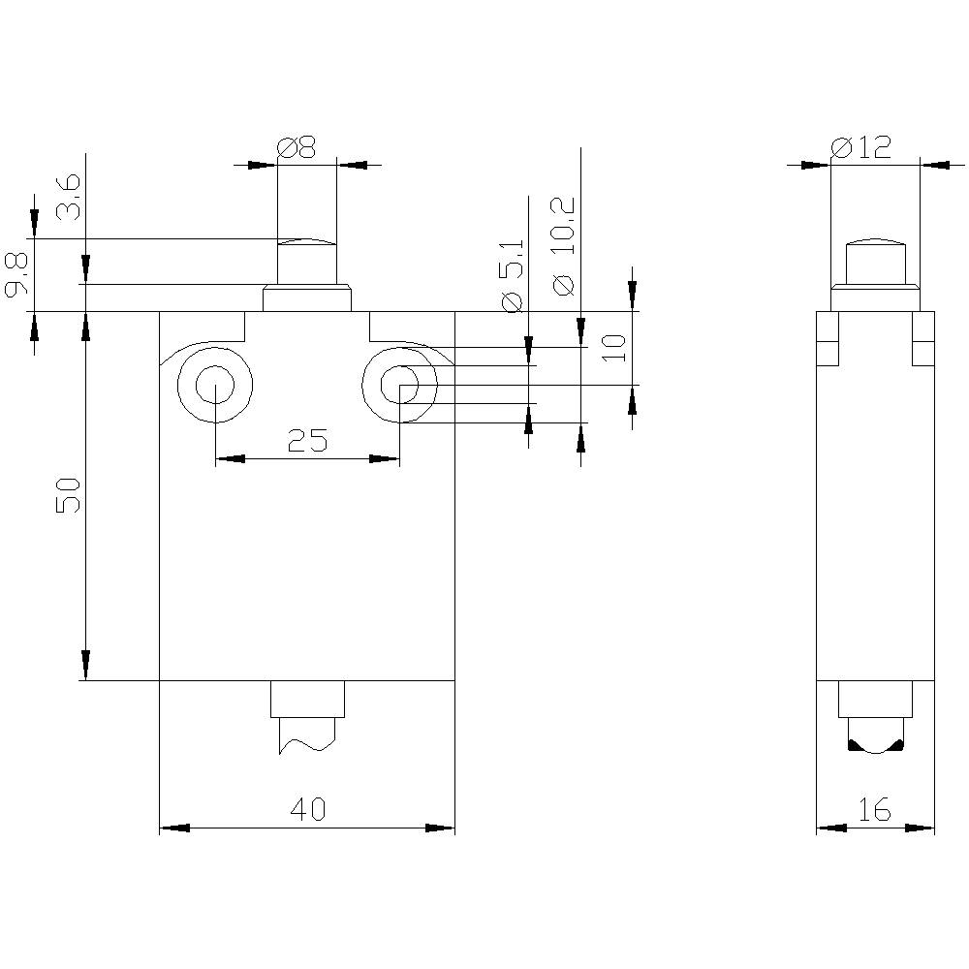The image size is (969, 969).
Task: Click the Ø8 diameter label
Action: pos(297,147)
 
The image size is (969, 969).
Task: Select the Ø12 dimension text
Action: pos(860,147)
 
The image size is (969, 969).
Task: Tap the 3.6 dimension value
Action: pos(69,199)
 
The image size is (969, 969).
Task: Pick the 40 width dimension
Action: pos(308,810)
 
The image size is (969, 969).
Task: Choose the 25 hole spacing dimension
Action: pos(308,442)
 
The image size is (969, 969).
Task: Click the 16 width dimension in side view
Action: pos(874,810)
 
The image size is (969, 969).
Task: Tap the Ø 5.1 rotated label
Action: pos(514,275)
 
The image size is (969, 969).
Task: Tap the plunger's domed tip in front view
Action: pos(307,242)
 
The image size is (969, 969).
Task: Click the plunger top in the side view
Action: pos(875,240)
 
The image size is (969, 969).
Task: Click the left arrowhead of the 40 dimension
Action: pos(173,828)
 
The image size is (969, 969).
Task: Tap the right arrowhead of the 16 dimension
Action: pos(922,828)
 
